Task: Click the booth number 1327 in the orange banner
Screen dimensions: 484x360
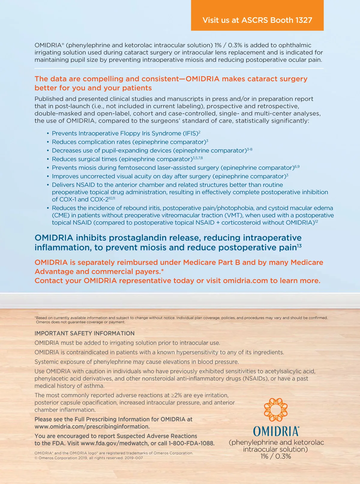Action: tap(304, 20)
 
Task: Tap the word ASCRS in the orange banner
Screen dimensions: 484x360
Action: tap(255, 20)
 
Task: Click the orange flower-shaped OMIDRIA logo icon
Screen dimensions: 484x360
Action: tap(275, 410)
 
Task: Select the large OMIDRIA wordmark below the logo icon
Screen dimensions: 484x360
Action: tap(276, 431)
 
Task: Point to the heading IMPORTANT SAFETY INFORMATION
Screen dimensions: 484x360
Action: tap(85, 333)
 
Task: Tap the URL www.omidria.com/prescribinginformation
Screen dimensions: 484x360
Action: tap(92, 426)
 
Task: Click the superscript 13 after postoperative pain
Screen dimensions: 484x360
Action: tap(299, 246)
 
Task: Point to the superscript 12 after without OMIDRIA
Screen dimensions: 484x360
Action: tap(316, 221)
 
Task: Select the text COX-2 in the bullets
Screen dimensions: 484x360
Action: tap(99, 200)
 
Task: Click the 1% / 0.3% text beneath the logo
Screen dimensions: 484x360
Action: tap(276, 456)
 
